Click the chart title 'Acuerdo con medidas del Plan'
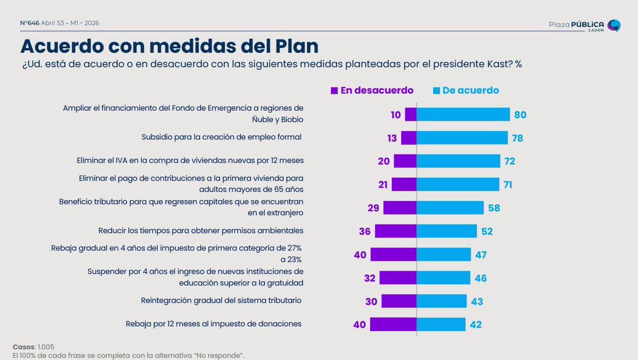click(x=169, y=46)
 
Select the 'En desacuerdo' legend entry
click(x=372, y=90)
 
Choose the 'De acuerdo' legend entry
click(x=466, y=90)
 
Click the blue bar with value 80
click(x=463, y=114)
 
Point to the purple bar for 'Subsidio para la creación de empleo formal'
click(x=408, y=138)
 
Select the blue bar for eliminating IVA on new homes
click(x=458, y=161)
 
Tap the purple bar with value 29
click(x=399, y=207)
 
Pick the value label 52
click(x=487, y=231)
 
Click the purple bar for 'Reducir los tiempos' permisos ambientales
click(x=396, y=231)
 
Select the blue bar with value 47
click(x=444, y=254)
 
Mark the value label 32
click(x=370, y=278)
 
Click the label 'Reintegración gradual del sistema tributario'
click(x=221, y=300)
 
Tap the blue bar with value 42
click(x=441, y=324)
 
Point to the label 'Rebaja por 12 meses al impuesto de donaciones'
click(x=213, y=323)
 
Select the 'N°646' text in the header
click(x=29, y=23)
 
